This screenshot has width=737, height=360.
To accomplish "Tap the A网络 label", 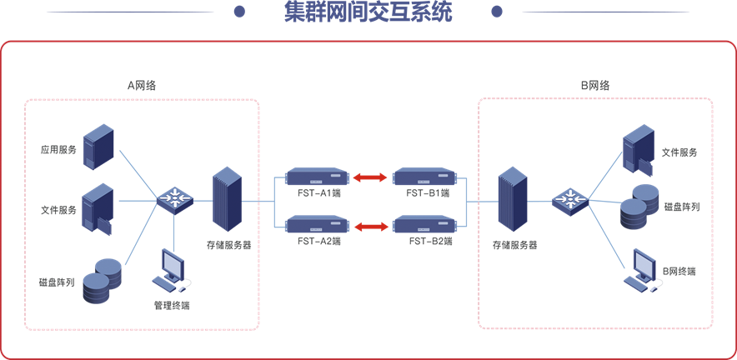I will coord(142,85).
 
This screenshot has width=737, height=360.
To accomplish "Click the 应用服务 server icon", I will coord(98,147).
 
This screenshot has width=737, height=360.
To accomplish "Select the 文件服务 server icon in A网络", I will coord(99,207).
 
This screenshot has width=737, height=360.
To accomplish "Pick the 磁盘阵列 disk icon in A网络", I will coord(102,281).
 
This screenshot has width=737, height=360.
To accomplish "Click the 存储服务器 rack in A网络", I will coord(226,200).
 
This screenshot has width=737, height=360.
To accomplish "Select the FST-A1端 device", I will coord(316,177).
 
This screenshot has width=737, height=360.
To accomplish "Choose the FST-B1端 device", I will coord(425,177).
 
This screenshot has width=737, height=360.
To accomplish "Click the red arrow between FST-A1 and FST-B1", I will coord(370,177).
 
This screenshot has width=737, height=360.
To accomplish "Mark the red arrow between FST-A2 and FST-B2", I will coord(370,225).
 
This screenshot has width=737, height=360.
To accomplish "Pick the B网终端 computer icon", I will coord(641,268).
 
